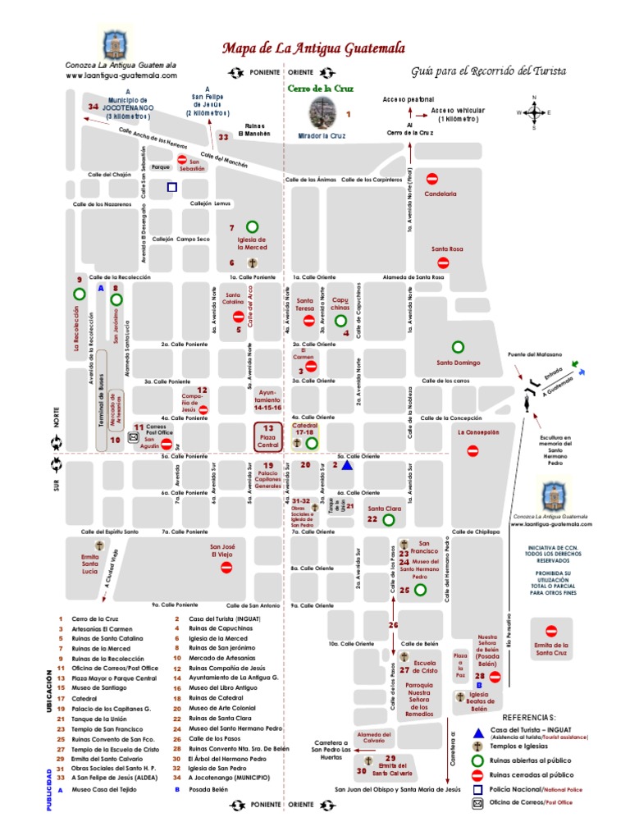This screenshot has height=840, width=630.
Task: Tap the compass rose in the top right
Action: pyautogui.click(x=534, y=112)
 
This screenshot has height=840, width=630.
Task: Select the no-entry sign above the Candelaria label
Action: pyautogui.click(x=432, y=177)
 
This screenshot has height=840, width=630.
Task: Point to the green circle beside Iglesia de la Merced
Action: pyautogui.click(x=253, y=226)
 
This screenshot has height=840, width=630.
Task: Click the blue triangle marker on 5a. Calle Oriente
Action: pyautogui.click(x=347, y=465)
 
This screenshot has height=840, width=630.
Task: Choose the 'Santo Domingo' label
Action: pyautogui.click(x=457, y=363)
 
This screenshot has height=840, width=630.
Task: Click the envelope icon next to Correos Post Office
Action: pyautogui.click(x=134, y=439)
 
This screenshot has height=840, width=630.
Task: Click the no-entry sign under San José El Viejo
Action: pyautogui.click(x=226, y=567)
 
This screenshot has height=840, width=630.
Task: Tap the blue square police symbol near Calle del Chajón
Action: pyautogui.click(x=171, y=187)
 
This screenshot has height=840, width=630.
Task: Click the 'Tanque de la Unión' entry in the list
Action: pyautogui.click(x=103, y=718)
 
